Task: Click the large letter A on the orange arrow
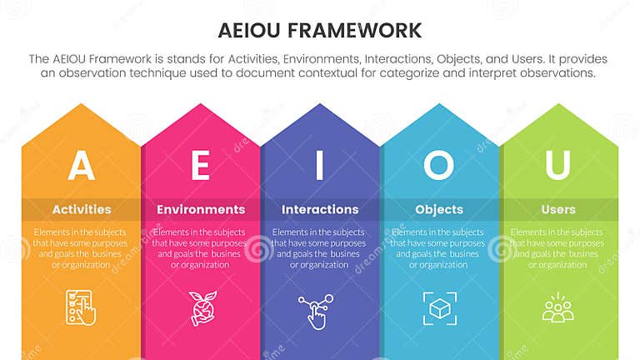point(81,165)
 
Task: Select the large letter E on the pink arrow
point(200,165)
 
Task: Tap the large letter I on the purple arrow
point(319,165)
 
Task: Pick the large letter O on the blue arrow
point(438,165)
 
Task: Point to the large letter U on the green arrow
point(557,165)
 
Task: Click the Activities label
point(81,209)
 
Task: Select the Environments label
point(200,209)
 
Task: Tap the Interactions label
point(319,209)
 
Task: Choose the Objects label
point(438,209)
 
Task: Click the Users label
point(557,209)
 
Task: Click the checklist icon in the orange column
point(81,307)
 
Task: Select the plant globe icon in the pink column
point(200,307)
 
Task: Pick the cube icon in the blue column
point(438,308)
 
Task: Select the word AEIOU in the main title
point(247,31)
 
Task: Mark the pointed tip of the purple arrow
point(320,105)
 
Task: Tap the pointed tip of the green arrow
point(558,105)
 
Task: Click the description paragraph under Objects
point(438,247)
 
